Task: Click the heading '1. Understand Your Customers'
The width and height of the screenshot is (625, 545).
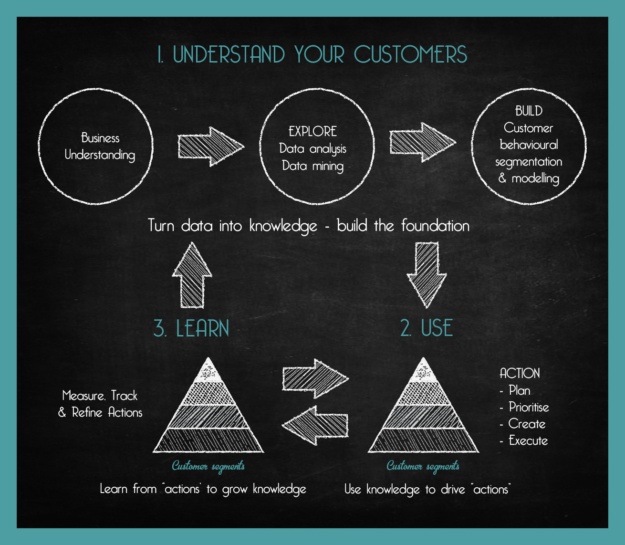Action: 312,55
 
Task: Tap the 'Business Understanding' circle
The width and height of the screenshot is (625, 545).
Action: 96,147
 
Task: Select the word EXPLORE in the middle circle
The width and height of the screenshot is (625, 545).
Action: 312,132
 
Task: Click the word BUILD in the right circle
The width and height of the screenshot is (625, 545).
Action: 529,111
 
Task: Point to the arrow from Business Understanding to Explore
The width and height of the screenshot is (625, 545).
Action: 210,147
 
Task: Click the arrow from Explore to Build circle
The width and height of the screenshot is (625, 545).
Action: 422,142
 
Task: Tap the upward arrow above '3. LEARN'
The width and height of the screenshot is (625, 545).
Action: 192,276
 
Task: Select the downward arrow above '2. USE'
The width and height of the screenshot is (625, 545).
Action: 427,274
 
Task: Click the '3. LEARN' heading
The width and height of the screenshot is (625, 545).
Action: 191,329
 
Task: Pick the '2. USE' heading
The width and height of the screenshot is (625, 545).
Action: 427,328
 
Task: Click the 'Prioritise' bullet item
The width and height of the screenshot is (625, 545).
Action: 529,408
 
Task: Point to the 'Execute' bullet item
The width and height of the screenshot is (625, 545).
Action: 528,441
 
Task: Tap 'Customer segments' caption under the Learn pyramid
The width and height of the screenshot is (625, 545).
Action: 208,466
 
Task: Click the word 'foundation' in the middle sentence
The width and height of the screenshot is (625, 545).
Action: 435,226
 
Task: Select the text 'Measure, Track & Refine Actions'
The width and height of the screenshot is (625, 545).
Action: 101,404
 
